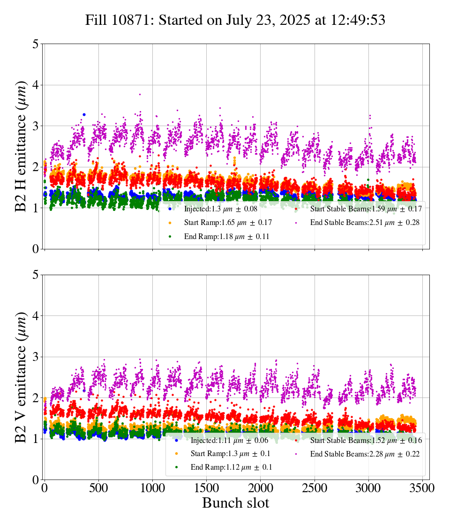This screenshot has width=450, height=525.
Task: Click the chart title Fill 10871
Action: (x=235, y=21)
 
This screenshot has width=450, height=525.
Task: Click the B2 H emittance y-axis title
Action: (x=21, y=146)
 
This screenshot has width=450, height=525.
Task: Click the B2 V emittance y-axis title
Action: (x=21, y=377)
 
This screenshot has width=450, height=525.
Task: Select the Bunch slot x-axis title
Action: (x=235, y=503)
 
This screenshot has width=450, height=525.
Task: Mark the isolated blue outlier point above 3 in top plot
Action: (x=84, y=114)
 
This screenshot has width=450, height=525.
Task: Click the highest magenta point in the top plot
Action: (x=140, y=94)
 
